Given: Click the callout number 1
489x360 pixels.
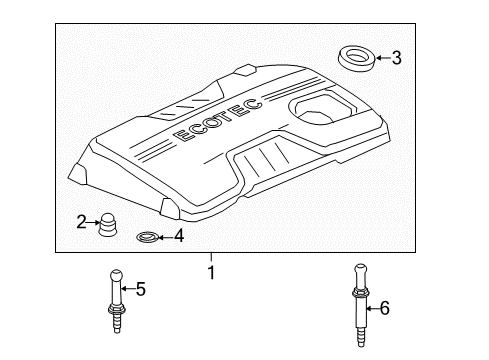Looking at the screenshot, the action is (x=211, y=272).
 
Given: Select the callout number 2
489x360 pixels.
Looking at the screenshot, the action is (x=81, y=222).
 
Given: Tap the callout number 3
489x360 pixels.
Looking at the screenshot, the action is (x=396, y=58).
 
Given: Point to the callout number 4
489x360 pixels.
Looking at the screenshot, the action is (x=179, y=236).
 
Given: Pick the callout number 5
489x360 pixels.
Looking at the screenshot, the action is (x=141, y=289).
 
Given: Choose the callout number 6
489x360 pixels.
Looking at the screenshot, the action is (x=385, y=308).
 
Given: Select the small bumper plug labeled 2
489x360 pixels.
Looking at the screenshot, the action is (x=107, y=224).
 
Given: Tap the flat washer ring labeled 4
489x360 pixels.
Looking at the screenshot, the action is (x=146, y=237).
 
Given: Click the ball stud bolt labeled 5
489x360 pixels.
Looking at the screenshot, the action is (x=117, y=301).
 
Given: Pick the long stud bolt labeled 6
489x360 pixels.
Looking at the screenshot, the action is (x=360, y=305).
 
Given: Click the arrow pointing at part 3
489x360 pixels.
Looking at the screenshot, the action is (x=383, y=58).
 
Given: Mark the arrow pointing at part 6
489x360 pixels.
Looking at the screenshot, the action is (x=373, y=308).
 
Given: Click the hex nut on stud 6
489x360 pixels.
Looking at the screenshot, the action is (x=360, y=293).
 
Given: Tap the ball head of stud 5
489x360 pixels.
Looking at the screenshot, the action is (x=116, y=275).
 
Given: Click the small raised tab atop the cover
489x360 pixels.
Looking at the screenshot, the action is (x=246, y=70).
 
